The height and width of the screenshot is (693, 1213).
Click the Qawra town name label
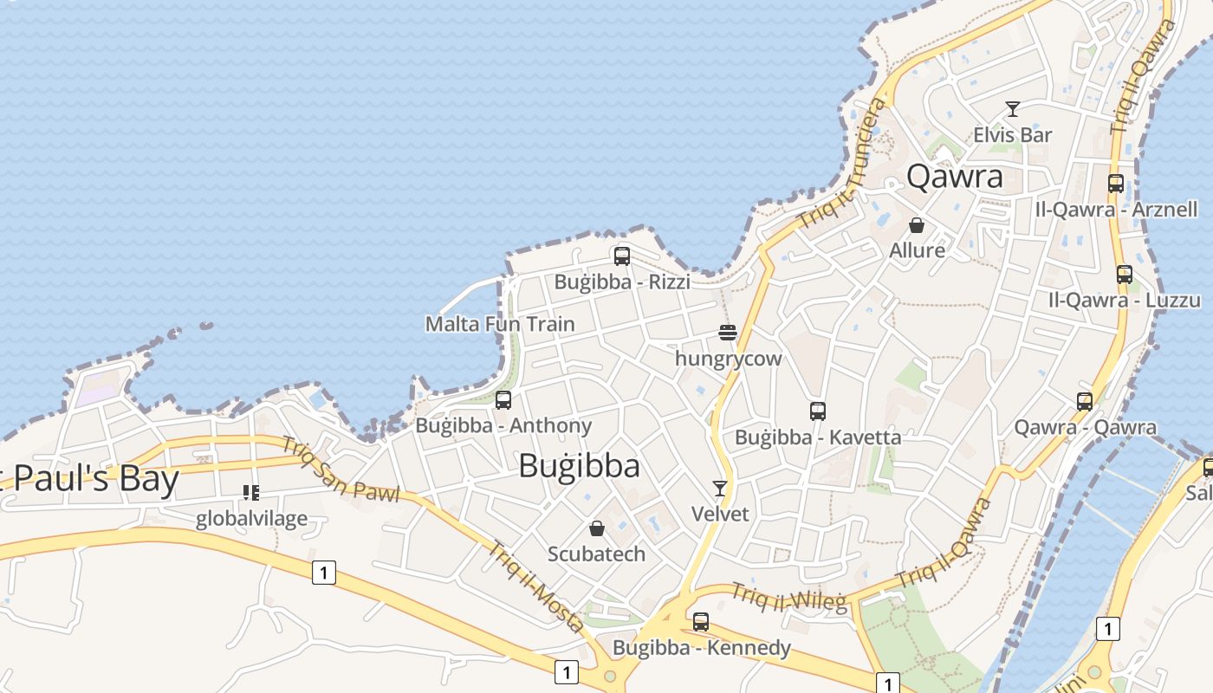coord(955,177)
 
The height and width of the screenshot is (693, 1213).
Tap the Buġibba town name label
coord(579,466)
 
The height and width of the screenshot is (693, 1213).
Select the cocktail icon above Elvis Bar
coord(1012,109)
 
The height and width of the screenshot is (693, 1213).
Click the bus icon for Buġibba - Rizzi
coord(621,256)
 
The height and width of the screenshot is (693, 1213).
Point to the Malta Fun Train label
coord(500,324)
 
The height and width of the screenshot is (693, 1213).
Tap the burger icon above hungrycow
coord(728,333)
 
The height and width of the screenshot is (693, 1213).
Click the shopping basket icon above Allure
coord(917,225)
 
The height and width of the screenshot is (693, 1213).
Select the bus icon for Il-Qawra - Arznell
coord(1116,184)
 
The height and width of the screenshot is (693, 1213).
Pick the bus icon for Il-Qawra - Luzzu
coord(1125,275)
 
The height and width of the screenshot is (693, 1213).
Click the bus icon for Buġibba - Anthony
coord(503,400)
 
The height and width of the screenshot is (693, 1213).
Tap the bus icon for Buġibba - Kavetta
coord(818,411)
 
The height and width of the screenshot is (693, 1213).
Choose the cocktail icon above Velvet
coord(720,489)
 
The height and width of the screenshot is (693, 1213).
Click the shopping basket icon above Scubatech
coord(596,528)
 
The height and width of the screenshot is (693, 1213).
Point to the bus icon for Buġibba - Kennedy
coord(701,622)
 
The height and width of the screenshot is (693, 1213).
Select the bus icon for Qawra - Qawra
coord(1085,402)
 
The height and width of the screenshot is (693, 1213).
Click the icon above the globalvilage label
coord(251,493)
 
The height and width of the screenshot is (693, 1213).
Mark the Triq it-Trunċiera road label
coord(844,164)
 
